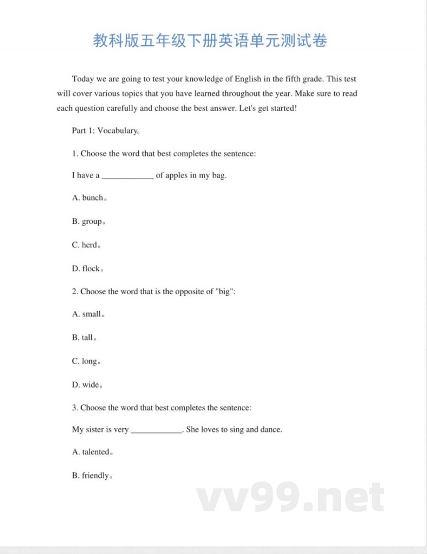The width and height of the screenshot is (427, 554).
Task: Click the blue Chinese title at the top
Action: tap(210, 41)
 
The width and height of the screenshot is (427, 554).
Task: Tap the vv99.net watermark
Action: tap(291, 498)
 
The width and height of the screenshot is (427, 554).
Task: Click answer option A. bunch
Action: tap(89, 198)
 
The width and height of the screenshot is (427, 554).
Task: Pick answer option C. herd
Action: tap(86, 245)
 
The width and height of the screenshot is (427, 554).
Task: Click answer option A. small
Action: tap(88, 314)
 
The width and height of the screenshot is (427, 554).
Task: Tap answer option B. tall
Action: tap(84, 338)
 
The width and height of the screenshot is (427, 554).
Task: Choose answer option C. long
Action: tap(86, 361)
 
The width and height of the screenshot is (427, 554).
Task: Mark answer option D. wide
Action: tap(87, 384)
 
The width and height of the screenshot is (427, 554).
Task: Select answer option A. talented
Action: tap(92, 452)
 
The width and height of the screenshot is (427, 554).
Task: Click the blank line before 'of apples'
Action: tap(128, 176)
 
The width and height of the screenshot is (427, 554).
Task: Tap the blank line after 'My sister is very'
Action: tap(156, 430)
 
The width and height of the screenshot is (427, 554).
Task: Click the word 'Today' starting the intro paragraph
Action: tap(83, 79)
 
